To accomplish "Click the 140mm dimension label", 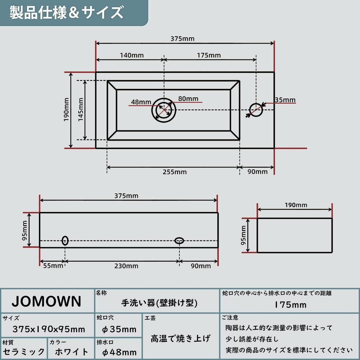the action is point(132,55).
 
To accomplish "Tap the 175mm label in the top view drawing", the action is point(209,55).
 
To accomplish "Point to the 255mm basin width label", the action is point(175,172).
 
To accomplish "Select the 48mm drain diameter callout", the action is point(141,102).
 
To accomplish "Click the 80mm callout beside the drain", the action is point(188,99).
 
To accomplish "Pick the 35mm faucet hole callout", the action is point(285,100).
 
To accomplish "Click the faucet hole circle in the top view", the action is point(256,110).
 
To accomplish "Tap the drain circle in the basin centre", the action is point(164,110).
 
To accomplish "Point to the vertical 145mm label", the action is point(81,110).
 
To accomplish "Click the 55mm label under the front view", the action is point(53,266).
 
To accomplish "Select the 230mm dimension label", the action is point(126,266).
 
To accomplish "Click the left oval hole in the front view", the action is point(65,240).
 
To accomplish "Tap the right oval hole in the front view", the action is point(179,240).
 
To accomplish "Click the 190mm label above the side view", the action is point(296,205).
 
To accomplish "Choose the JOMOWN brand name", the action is point(47,301).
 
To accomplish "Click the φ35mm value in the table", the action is point(119,329).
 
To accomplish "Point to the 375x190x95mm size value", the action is point(49,329).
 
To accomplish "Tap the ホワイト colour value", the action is point(72,352).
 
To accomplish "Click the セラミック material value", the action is point(24,352).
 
